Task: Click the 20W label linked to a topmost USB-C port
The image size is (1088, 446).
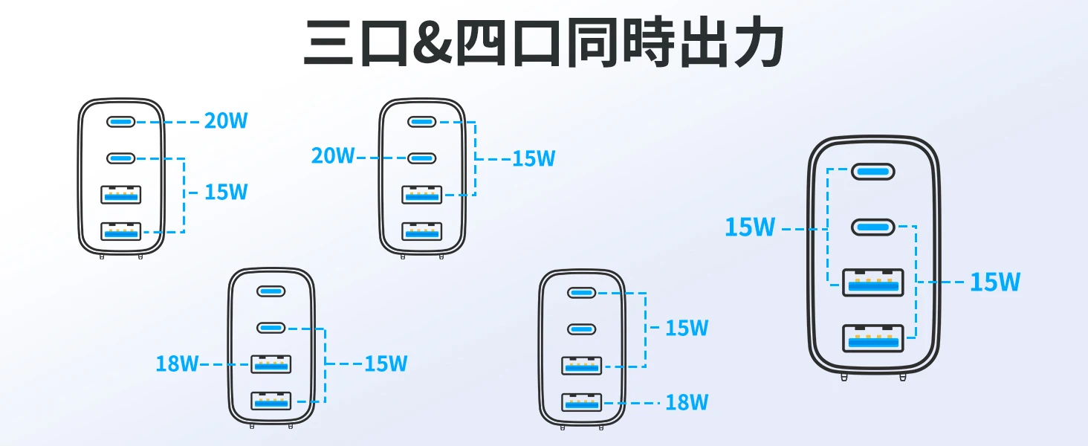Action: coord(226,120)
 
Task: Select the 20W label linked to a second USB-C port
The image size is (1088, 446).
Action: coord(333,156)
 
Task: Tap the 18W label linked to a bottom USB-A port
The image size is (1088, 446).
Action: coord(686,403)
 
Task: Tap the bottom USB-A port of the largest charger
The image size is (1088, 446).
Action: coord(872,339)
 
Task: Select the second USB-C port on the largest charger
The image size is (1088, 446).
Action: coord(872,226)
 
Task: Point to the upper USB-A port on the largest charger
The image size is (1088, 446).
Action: coord(872,282)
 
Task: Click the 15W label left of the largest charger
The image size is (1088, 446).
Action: coord(750,227)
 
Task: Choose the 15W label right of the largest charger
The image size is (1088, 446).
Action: coord(995,282)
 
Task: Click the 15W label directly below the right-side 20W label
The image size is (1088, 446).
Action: coord(226,193)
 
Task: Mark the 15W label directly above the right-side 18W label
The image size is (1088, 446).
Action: coord(686,328)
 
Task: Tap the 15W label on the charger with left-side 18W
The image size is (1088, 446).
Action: coord(386,363)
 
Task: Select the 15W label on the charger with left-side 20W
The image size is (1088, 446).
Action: coord(534,158)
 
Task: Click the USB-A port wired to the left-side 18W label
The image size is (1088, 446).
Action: coord(271,364)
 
